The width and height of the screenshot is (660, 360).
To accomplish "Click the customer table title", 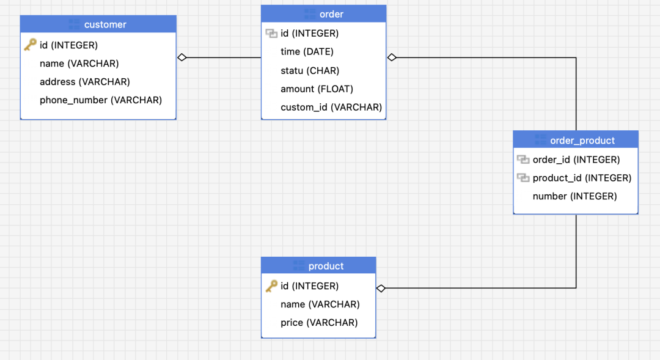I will pyautogui.click(x=105, y=24).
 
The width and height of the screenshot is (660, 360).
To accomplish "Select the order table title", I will pyautogui.click(x=331, y=14).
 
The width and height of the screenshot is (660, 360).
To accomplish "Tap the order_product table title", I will pyautogui.click(x=582, y=141).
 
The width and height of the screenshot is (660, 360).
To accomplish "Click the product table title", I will pyautogui.click(x=326, y=266).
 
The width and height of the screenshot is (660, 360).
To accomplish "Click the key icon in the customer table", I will pyautogui.click(x=30, y=45).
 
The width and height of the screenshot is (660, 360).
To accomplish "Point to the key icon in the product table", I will pyautogui.click(x=271, y=286).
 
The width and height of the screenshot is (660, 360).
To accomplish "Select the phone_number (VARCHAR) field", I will pyautogui.click(x=101, y=100).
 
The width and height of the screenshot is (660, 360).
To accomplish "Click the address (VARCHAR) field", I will pyautogui.click(x=85, y=81).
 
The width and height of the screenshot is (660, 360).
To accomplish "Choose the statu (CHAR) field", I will pyautogui.click(x=310, y=70).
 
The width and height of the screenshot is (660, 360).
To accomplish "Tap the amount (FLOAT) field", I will pyautogui.click(x=317, y=89).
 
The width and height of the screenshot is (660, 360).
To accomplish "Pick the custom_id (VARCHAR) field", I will pyautogui.click(x=331, y=107).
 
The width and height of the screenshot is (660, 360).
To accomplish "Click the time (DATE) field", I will pyautogui.click(x=307, y=51).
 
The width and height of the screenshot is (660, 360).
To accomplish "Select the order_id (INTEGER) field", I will pyautogui.click(x=576, y=160).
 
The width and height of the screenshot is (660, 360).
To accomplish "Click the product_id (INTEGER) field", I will pyautogui.click(x=582, y=178).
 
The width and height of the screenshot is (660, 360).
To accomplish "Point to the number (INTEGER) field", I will pyautogui.click(x=574, y=196).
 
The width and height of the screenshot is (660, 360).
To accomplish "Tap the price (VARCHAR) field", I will pyautogui.click(x=319, y=322).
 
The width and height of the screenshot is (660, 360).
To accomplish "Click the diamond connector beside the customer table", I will pyautogui.click(x=182, y=57).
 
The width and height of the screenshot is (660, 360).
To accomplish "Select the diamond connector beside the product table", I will pyautogui.click(x=381, y=288).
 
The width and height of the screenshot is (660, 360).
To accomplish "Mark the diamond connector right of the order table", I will pyautogui.click(x=392, y=57).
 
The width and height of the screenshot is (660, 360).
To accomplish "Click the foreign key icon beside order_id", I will pyautogui.click(x=522, y=160).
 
